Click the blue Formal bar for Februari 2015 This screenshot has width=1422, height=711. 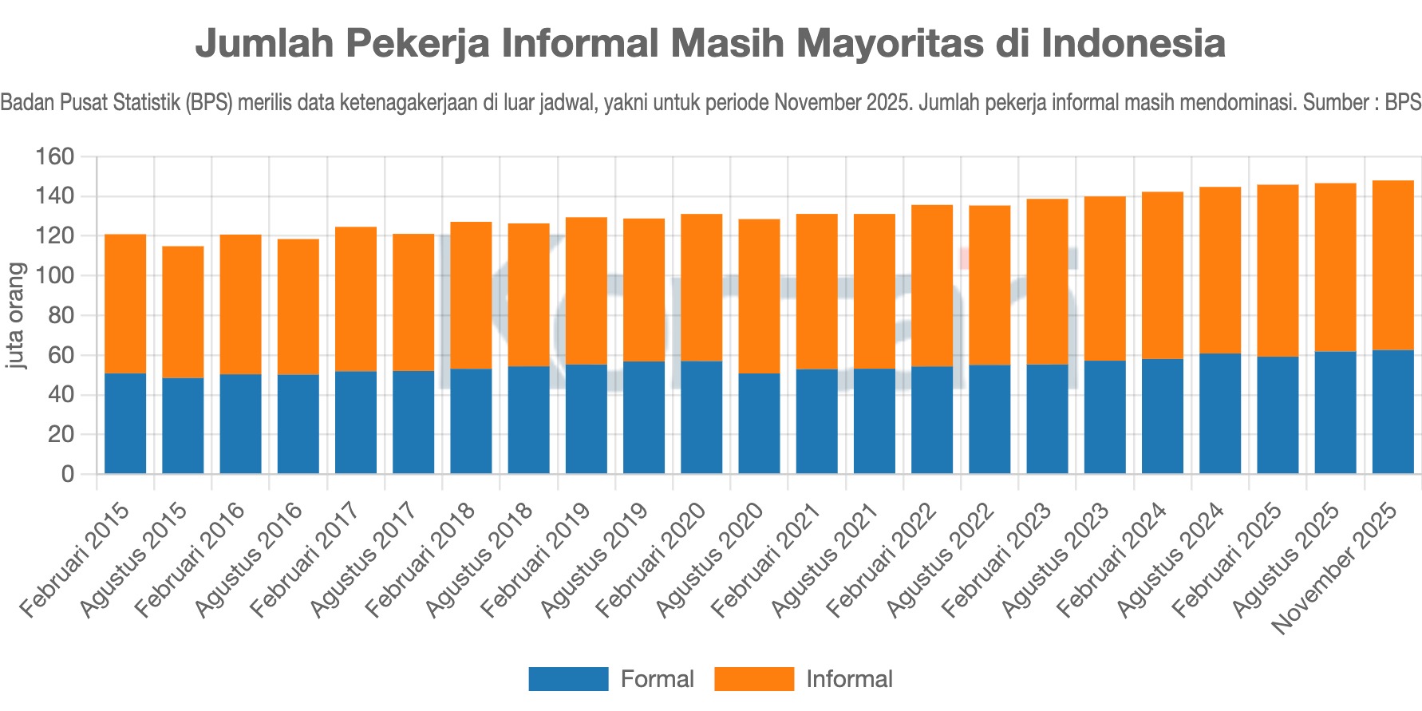(125, 423)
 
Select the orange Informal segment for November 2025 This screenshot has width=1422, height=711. (1392, 265)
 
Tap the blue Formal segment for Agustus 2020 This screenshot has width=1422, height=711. (759, 423)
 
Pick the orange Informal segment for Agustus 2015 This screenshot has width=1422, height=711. (183, 311)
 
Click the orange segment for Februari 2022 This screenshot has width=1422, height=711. (932, 286)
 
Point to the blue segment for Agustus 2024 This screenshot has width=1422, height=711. (1220, 413)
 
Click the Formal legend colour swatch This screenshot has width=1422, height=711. (568, 679)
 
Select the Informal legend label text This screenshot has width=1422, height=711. (849, 679)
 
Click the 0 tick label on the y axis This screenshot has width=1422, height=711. (67, 474)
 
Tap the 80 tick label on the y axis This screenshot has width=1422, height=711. (60, 315)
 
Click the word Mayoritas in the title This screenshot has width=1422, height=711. (889, 43)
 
